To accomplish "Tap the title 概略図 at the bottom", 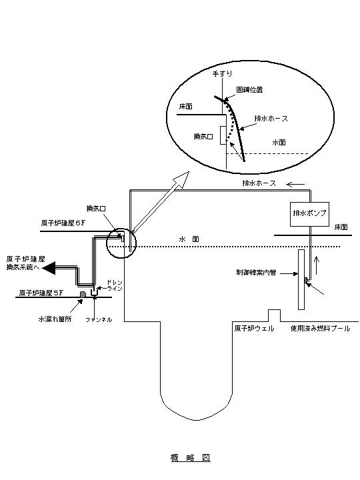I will (x=190, y=458).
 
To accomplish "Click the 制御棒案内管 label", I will (x=257, y=273).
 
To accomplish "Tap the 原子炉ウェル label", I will (x=253, y=329).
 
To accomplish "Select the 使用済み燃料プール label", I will (x=319, y=329).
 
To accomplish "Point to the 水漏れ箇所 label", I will (x=54, y=319).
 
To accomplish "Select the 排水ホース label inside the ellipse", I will (x=271, y=119).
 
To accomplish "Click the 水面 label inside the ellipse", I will (x=278, y=143).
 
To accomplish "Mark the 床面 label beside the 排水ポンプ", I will (x=341, y=227).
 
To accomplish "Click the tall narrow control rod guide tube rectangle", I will (x=301, y=279).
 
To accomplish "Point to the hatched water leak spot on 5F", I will (x=82, y=293).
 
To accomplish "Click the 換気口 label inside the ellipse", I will (x=203, y=136).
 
